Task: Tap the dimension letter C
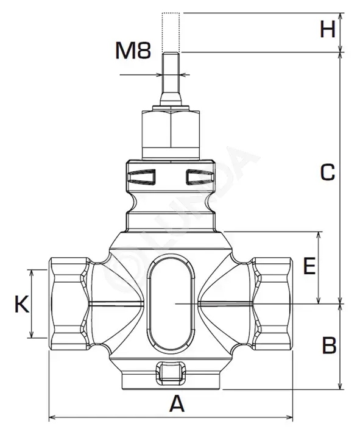[328, 172]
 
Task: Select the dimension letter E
[309, 266]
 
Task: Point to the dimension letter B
[329, 345]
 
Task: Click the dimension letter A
[177, 403]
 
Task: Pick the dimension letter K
[22, 304]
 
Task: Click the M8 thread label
[133, 50]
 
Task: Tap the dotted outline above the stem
[171, 32]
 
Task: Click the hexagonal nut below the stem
[171, 130]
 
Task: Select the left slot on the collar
[142, 177]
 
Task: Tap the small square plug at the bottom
[171, 373]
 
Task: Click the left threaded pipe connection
[69, 304]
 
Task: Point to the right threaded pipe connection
[272, 304]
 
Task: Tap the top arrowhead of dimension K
[32, 273]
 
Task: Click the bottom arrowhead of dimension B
[341, 386]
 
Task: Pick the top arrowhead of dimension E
[319, 235]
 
